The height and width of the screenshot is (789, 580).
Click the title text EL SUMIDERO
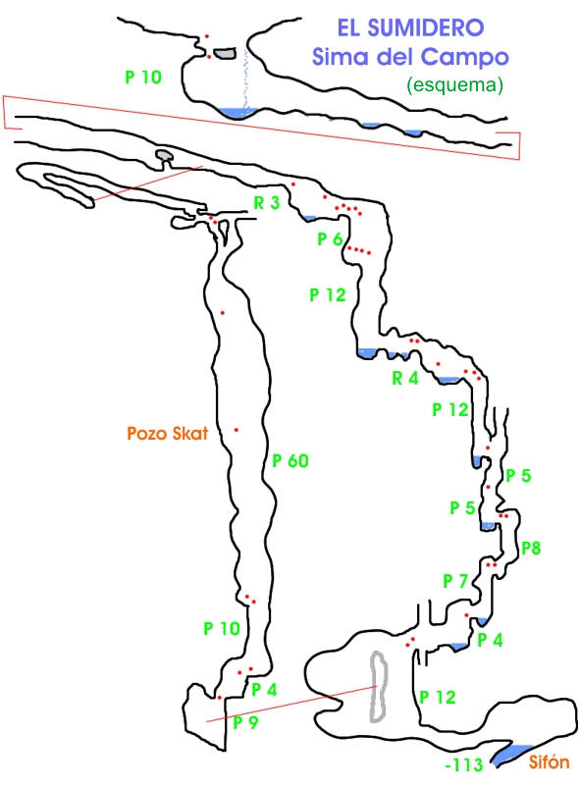[x=410, y=27]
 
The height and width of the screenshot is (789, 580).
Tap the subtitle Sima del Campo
[x=410, y=56]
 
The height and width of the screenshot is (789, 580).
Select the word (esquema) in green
[x=454, y=84]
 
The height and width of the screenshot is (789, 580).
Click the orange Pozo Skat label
[x=168, y=433]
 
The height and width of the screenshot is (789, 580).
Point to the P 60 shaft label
[x=290, y=460]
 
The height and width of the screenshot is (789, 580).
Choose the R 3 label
[x=266, y=203]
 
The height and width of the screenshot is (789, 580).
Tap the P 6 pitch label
[x=330, y=239]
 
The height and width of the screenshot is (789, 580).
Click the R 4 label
[x=405, y=378]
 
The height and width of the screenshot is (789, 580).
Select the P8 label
[x=531, y=548]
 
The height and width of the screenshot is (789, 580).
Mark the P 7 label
[x=455, y=581]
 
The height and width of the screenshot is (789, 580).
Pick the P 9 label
[x=245, y=722]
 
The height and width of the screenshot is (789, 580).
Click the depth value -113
[x=464, y=764]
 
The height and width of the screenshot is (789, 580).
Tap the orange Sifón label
[x=549, y=763]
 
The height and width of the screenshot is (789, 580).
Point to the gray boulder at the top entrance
[x=225, y=53]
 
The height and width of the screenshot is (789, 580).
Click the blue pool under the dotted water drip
[x=237, y=113]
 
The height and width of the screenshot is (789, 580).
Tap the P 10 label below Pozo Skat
[x=222, y=628]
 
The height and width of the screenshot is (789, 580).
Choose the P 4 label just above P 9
[x=264, y=690]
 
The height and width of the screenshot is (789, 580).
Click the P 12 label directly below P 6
[x=328, y=294]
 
